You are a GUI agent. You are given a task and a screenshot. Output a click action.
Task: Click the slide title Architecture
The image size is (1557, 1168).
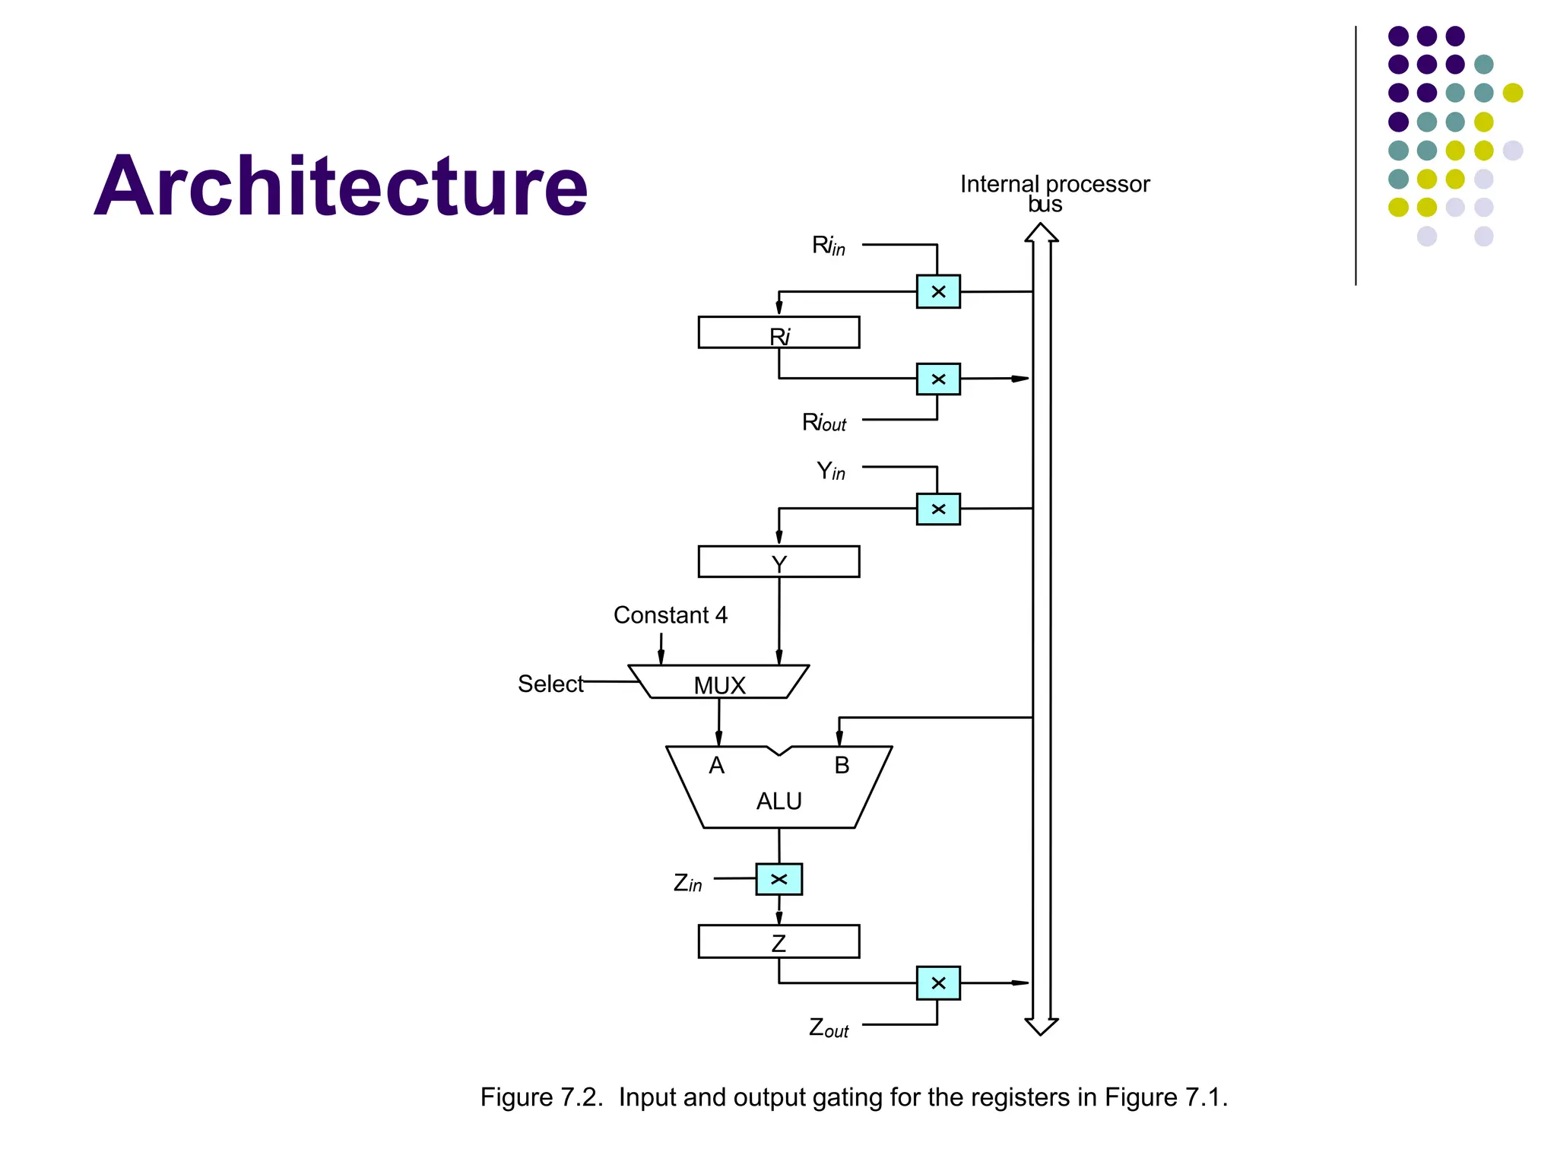341,186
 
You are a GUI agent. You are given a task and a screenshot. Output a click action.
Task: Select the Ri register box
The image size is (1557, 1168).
778,332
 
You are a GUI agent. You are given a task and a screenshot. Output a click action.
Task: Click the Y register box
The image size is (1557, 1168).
778,562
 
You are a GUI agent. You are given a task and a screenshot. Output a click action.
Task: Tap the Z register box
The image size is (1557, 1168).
778,941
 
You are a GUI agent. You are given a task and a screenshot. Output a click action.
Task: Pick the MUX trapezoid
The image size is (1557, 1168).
718,682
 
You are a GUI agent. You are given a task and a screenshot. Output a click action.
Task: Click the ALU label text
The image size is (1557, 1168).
778,801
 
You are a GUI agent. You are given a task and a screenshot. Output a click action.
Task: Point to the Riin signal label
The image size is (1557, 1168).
828,246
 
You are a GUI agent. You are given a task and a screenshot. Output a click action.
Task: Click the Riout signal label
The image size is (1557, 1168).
824,422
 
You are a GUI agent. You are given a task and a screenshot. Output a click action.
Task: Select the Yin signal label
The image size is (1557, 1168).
830,471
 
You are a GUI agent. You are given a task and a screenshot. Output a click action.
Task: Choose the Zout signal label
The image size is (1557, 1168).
828,1028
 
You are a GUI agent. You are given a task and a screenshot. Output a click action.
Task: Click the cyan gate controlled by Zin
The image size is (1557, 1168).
778,879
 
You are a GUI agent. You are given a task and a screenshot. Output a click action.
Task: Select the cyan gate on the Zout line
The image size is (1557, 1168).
938,982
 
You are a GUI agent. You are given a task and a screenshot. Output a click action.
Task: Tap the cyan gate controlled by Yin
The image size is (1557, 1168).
938,509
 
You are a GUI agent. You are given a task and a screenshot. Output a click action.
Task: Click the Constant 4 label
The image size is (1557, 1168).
670,614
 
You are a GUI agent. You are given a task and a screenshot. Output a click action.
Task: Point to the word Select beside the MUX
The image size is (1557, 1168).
550,684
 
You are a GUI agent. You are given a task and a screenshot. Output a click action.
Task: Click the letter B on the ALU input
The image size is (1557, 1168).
842,765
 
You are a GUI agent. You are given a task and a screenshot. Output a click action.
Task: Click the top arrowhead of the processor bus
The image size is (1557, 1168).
1042,231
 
